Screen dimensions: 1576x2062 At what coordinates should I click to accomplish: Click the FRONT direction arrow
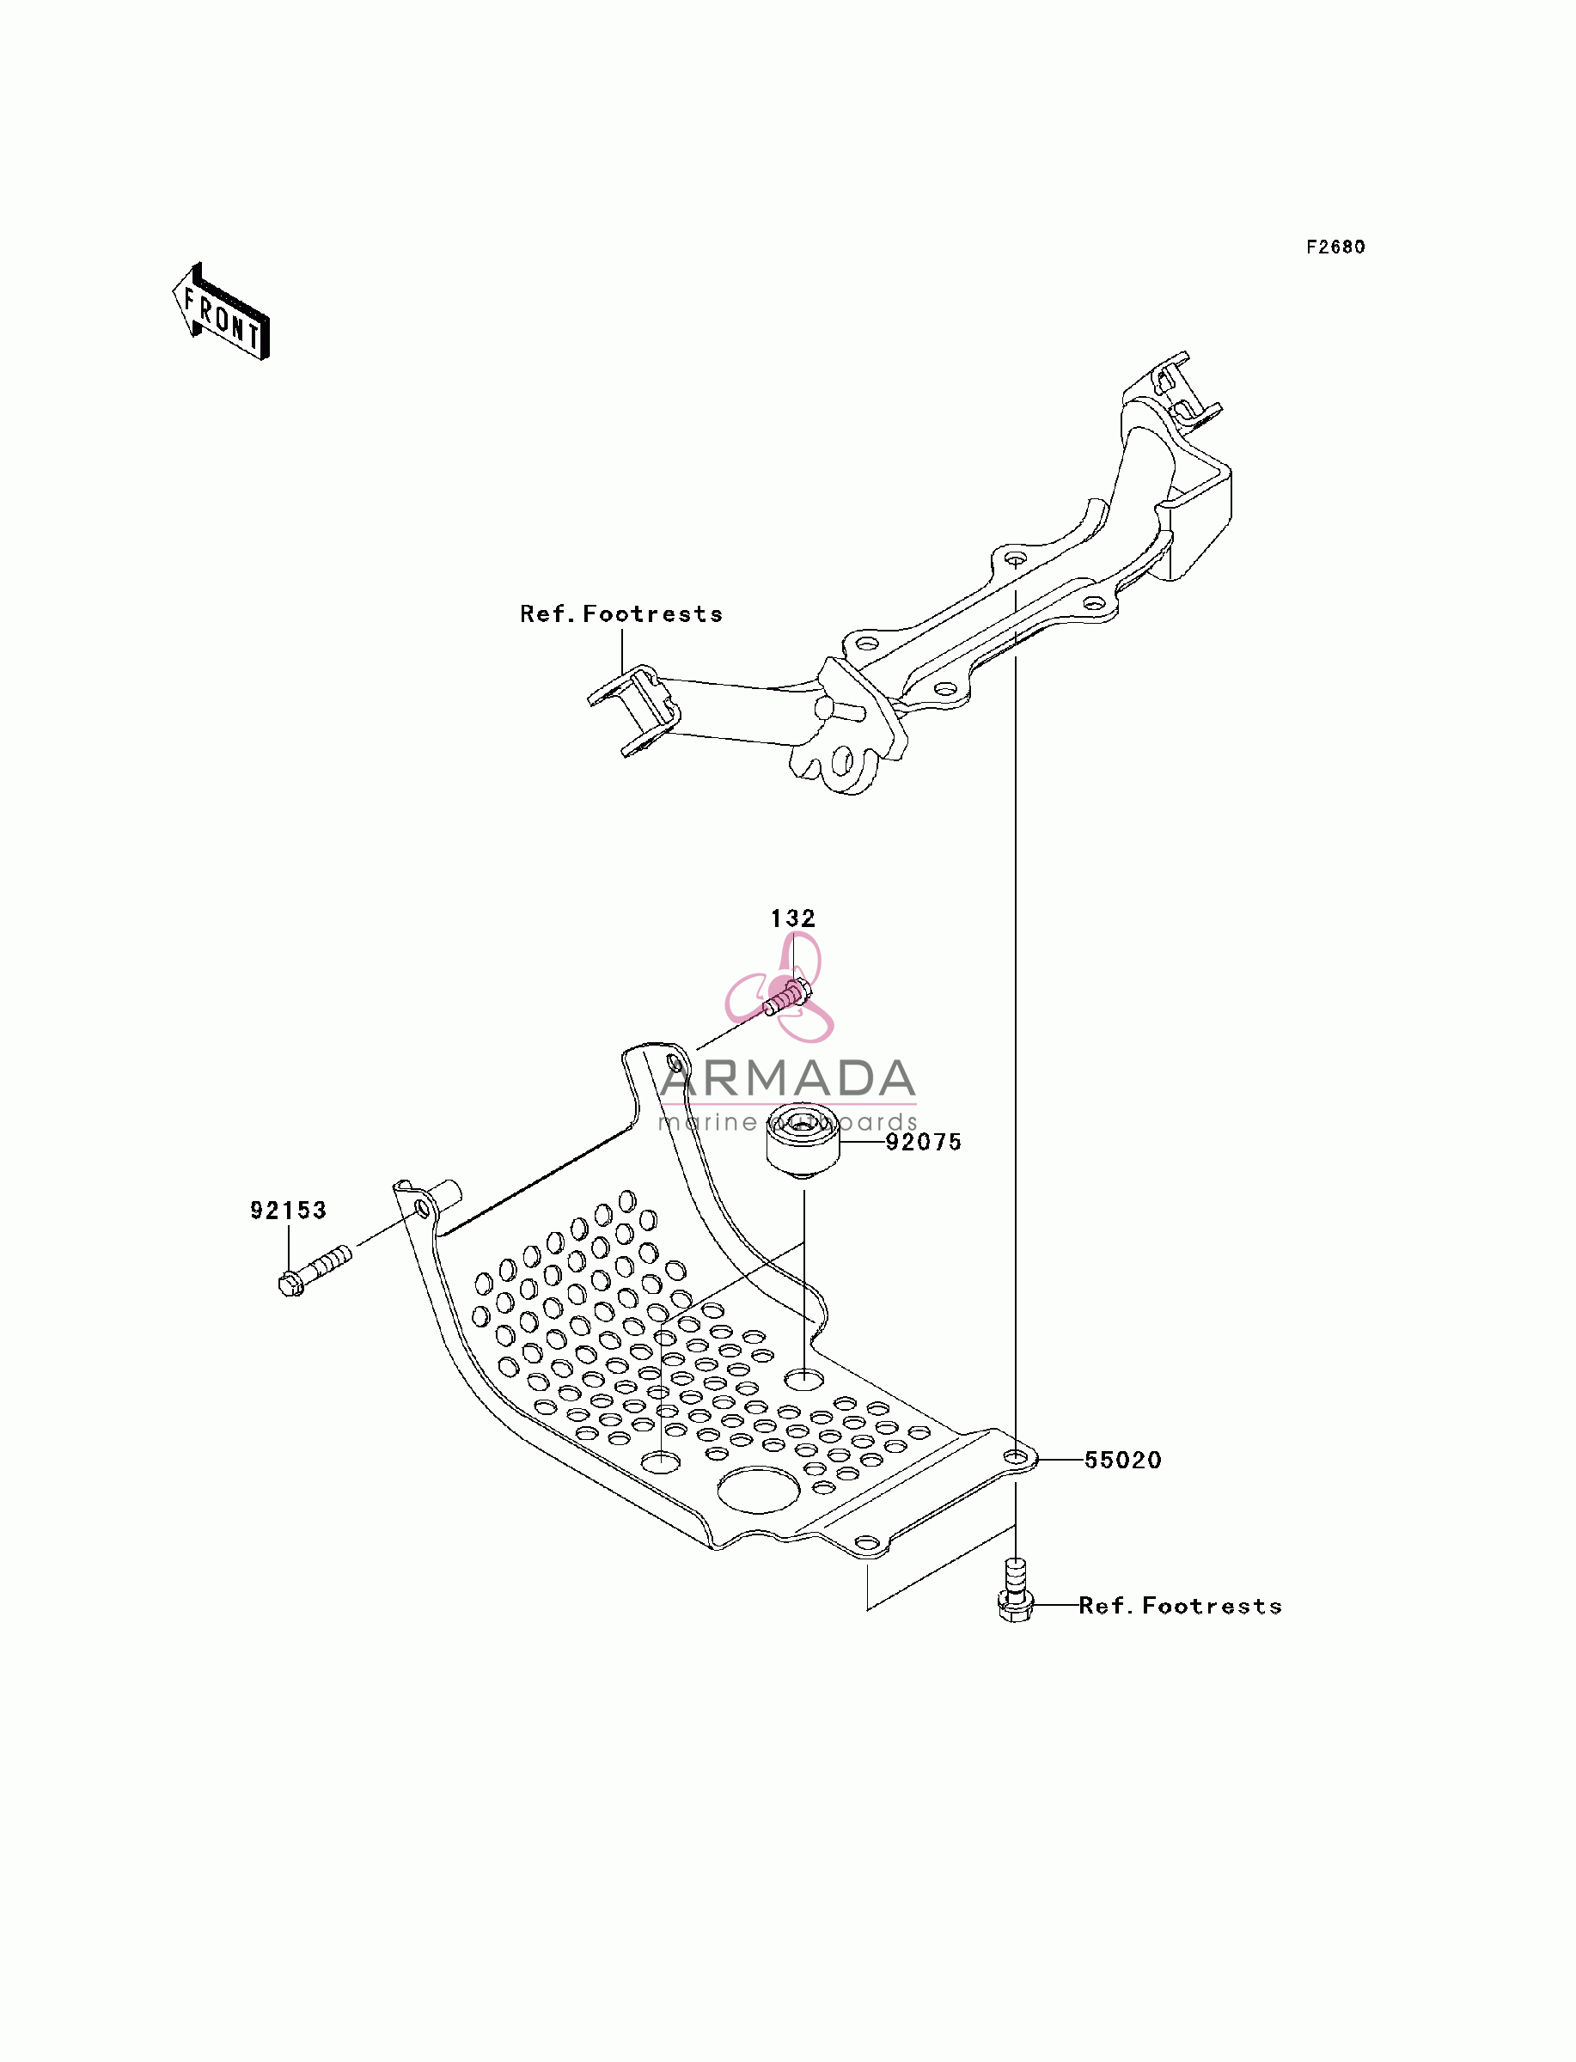(222, 312)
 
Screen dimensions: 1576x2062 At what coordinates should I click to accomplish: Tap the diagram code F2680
(1336, 247)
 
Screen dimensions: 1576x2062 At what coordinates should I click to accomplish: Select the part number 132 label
(792, 918)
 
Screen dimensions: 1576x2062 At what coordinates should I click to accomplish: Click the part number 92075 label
(924, 1141)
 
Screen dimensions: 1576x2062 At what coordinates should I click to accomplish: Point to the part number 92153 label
(288, 1210)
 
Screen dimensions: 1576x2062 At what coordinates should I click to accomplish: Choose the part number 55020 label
(1123, 1459)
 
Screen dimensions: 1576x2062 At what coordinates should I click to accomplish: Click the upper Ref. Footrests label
(621, 613)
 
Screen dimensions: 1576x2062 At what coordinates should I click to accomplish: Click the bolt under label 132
(787, 997)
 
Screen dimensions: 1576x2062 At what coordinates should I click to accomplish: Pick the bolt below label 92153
(315, 1270)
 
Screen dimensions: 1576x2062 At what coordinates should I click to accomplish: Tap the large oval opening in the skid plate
(758, 1489)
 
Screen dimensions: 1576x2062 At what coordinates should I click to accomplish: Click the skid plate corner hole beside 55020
(1015, 1456)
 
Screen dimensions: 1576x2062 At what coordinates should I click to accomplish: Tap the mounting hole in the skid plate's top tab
(675, 1064)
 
